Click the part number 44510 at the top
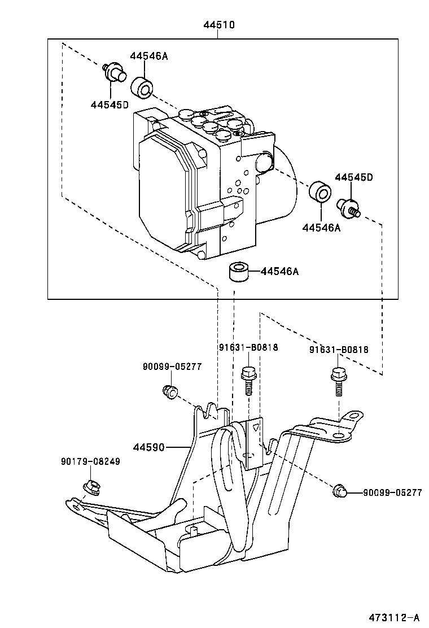pos(219,25)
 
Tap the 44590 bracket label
pos(149,447)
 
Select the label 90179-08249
pos(90,462)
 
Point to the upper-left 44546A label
pos(149,56)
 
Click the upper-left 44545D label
pos(110,105)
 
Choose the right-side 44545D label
pos(354,177)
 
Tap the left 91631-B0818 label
pos(248,347)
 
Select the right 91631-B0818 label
pos(339,350)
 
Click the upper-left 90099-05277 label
pos(172,366)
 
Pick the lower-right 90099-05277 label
pos(392,492)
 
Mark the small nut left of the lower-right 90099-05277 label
pos(339,491)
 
